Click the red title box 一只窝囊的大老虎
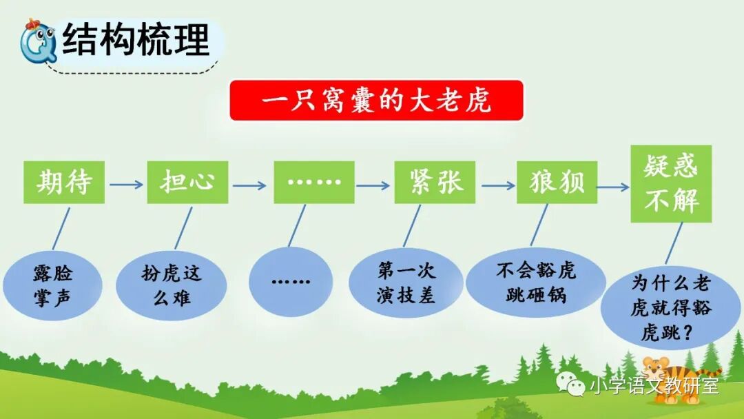pos(376,101)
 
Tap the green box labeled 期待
pos(64,182)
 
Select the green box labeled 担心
pos(187,182)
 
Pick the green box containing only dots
pos(314,182)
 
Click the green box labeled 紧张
pos(435,182)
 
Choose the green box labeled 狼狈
pos(557,182)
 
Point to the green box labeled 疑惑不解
pos(671,183)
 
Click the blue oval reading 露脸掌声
pos(52,286)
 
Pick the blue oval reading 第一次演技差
pos(406,283)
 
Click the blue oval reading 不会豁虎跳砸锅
pos(535,282)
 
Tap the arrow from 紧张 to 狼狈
pos(498,185)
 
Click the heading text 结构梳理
pos(135,39)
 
